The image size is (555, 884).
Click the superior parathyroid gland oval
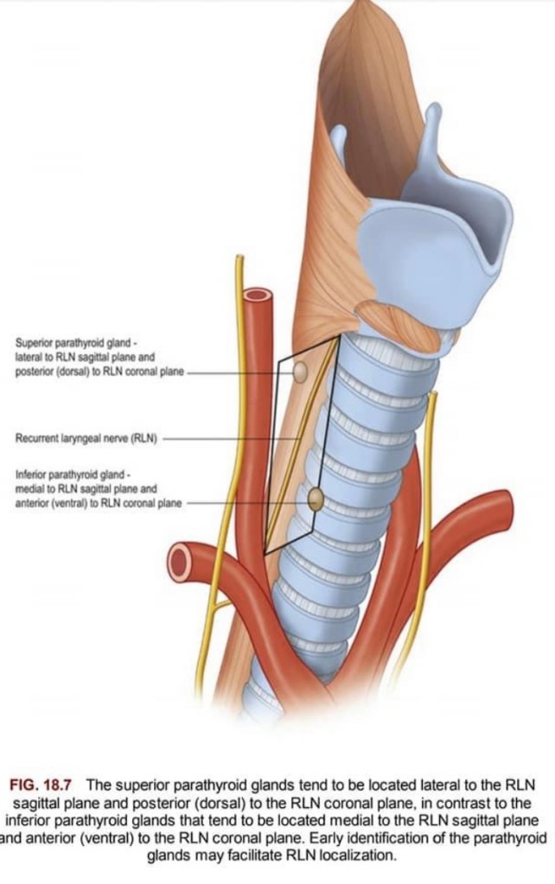click(x=301, y=372)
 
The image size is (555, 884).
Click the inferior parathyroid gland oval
click(x=316, y=499)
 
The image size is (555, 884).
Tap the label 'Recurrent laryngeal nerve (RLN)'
click(x=86, y=438)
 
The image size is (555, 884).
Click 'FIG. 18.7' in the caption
click(x=43, y=785)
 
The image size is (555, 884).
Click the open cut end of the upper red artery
click(x=257, y=295)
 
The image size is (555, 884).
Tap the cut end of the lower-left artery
click(x=179, y=562)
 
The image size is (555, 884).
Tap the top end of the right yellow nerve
click(x=433, y=394)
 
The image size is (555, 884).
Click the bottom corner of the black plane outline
click(x=265, y=552)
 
